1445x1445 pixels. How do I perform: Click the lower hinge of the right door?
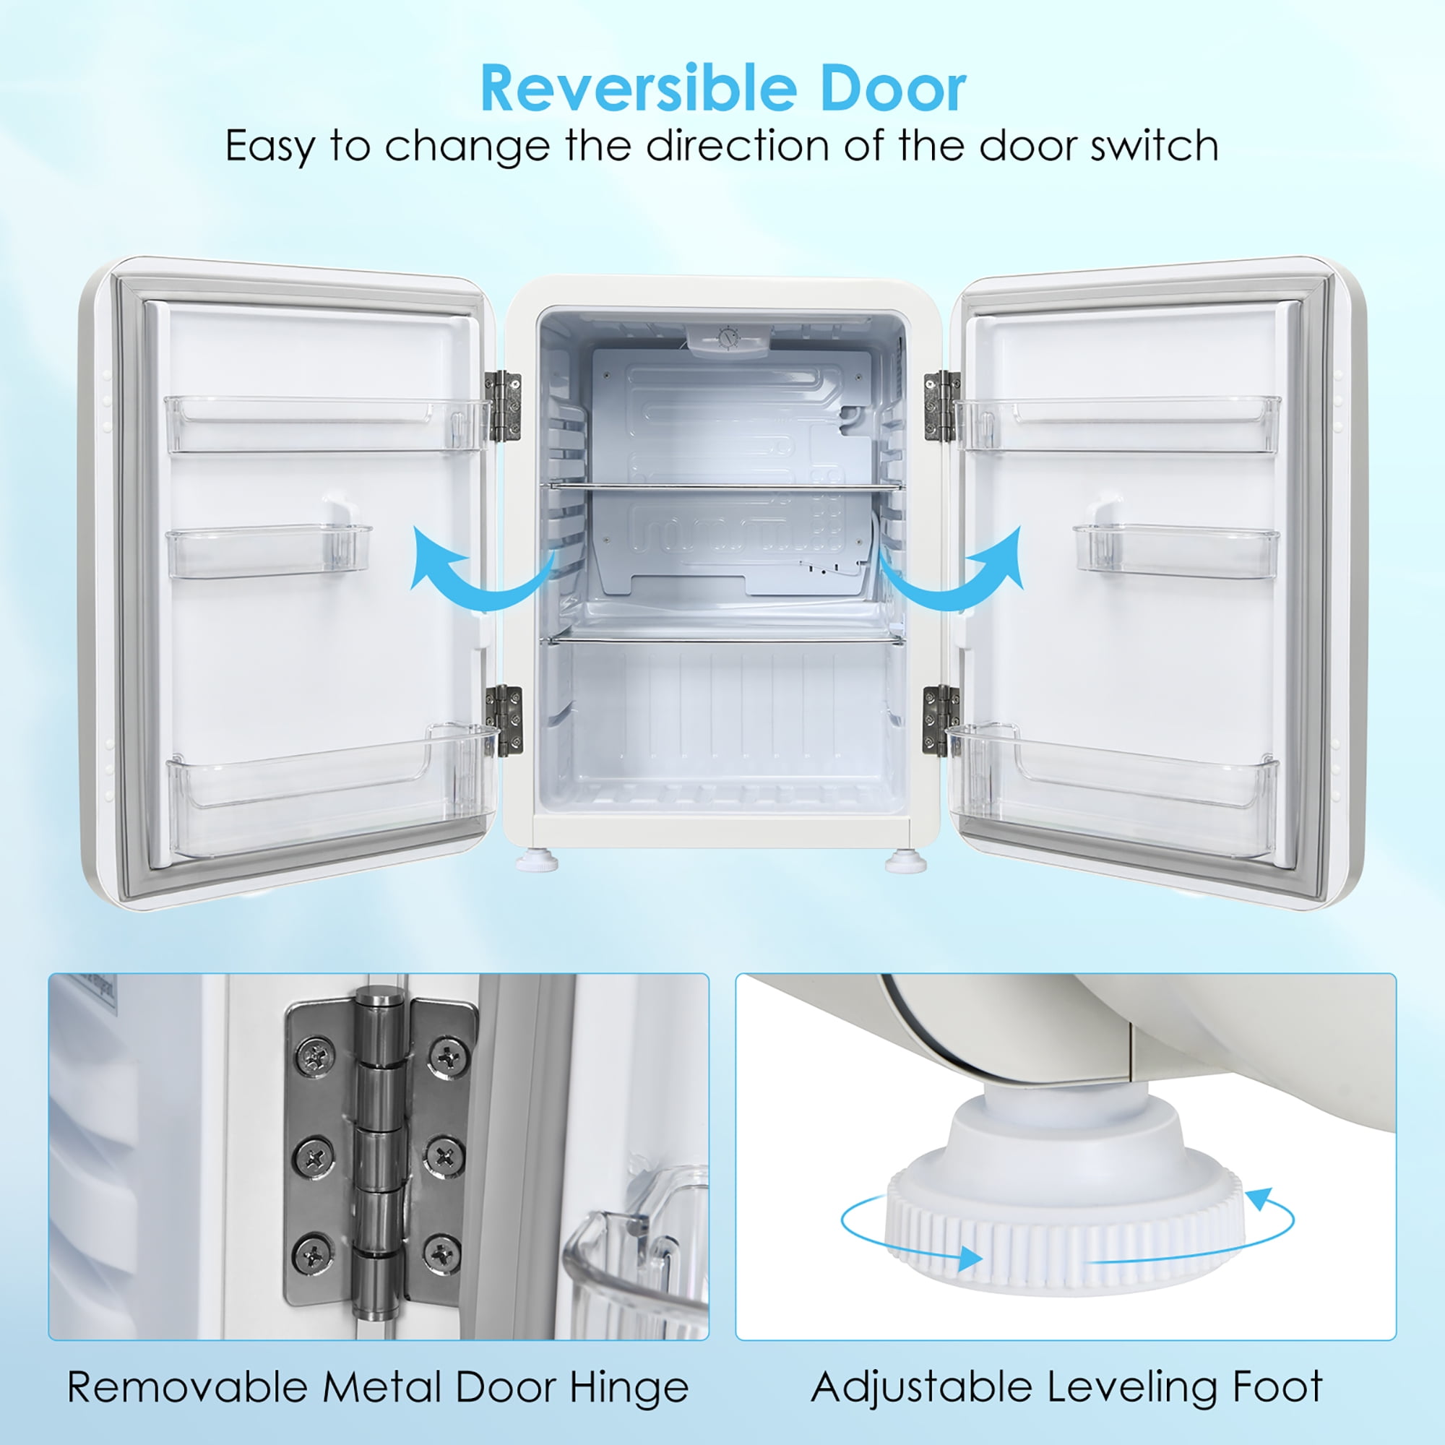pos(939,720)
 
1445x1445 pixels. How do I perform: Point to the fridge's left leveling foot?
pos(537,863)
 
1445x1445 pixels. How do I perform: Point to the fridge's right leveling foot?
pos(905,863)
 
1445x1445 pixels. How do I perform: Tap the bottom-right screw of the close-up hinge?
pos(443,1252)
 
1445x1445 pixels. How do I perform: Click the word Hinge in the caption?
pos(629,1388)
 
